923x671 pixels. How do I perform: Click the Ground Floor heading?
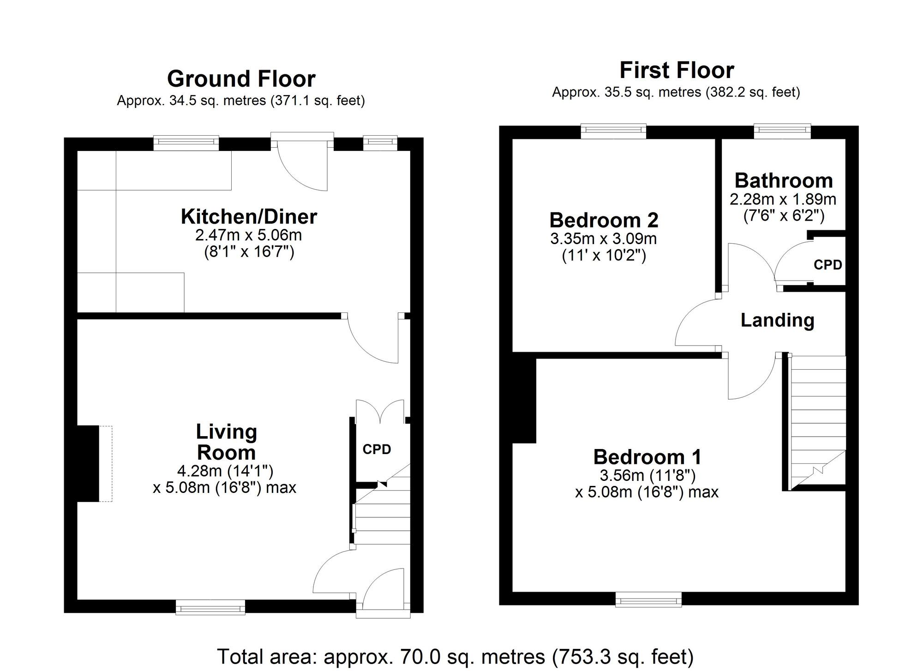pos(241,79)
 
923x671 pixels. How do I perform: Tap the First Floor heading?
pos(677,71)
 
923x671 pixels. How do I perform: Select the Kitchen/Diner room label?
pos(249,216)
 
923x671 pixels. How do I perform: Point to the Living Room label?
pos(226,442)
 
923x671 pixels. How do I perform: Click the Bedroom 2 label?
pos(604,220)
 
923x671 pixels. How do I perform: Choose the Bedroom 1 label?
pos(647,457)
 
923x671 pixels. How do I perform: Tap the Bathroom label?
pos(784,180)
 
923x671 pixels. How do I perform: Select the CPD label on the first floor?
pos(828,265)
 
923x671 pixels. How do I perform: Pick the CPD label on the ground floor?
pos(377,449)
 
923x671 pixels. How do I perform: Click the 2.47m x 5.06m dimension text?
pos(248,235)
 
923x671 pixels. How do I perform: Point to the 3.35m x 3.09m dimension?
pos(604,239)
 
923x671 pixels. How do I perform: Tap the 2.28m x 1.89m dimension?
pos(783,199)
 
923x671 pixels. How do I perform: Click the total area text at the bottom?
pos(456,656)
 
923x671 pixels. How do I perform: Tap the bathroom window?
pos(782,131)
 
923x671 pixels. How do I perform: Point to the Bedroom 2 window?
pos(613,131)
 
